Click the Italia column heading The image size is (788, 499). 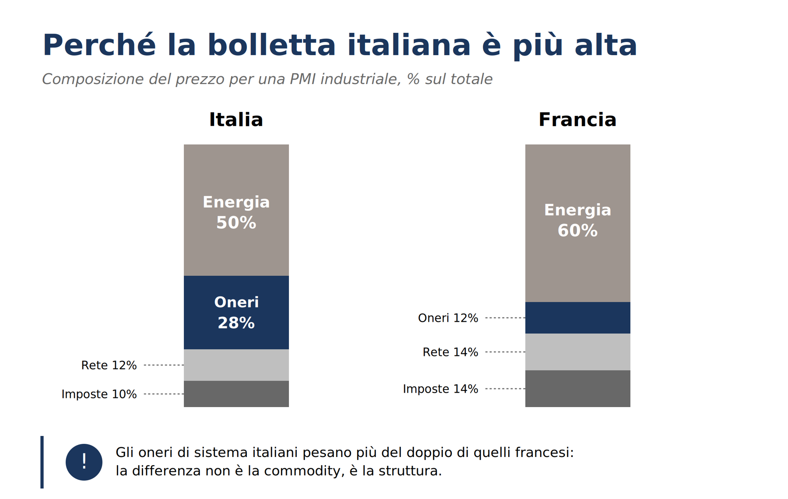(236, 119)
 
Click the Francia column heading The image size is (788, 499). (577, 119)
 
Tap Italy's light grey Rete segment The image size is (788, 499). (236, 365)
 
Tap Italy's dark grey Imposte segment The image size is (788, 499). (236, 394)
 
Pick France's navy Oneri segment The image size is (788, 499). (577, 317)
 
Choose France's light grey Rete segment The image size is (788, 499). (577, 351)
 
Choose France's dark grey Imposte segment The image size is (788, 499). (577, 388)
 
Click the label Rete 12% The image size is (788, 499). (109, 365)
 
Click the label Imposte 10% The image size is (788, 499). (99, 394)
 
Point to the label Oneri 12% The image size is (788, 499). (448, 318)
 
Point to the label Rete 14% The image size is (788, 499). (450, 352)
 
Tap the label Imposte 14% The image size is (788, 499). (440, 389)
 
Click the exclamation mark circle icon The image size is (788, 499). (84, 462)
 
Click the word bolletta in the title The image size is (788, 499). (271, 45)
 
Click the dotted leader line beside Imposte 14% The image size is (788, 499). (505, 389)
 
